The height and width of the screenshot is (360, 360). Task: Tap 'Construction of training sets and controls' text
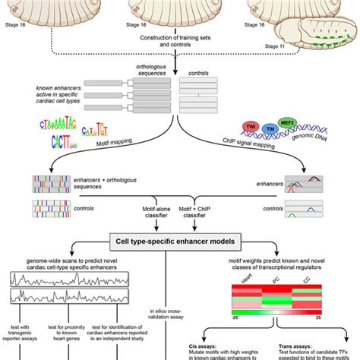pyautogui.click(x=180, y=41)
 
